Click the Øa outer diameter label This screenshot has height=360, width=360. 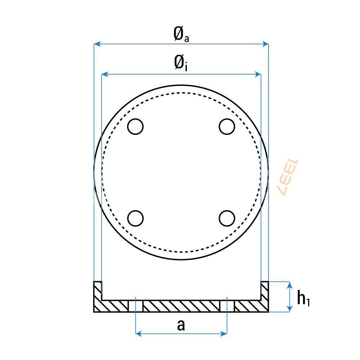click(x=181, y=35)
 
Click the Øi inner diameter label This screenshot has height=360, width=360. click(x=181, y=64)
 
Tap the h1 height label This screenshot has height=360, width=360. click(x=303, y=298)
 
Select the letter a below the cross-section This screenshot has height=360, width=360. click(x=181, y=325)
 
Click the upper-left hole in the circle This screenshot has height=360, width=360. click(x=136, y=126)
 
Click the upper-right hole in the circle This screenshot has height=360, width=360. click(x=227, y=126)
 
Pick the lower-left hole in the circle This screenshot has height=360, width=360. click(x=136, y=218)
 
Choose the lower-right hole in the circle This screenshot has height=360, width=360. click(x=227, y=218)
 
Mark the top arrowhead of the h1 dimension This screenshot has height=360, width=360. click(x=289, y=284)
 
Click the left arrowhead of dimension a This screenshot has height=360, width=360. click(x=138, y=334)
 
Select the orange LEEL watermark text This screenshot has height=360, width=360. click(x=288, y=177)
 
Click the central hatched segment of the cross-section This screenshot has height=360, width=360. click(x=181, y=306)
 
